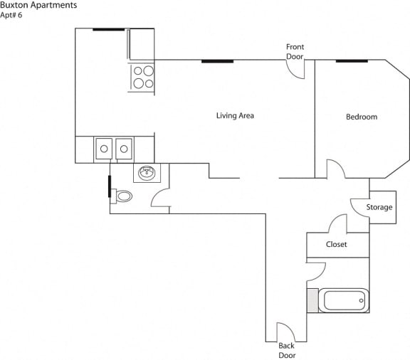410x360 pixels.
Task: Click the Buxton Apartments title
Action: [38, 5]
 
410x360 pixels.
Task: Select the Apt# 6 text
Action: [12, 15]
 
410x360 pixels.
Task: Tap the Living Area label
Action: [235, 115]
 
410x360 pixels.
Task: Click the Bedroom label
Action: [362, 117]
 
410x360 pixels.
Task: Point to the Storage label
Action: [379, 208]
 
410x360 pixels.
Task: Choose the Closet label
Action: [336, 245]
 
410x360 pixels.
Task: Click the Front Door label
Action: [295, 51]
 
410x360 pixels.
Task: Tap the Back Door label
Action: [286, 350]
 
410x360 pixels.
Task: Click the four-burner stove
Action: [142, 77]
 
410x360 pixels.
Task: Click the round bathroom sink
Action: [147, 172]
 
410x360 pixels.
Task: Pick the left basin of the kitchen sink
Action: [104, 149]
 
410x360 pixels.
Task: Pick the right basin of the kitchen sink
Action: [125, 149]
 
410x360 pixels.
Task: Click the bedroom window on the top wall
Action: [352, 60]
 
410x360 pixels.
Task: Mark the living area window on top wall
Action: [217, 60]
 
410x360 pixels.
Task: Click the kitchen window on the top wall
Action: [108, 29]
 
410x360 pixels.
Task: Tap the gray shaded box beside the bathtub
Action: [311, 300]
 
